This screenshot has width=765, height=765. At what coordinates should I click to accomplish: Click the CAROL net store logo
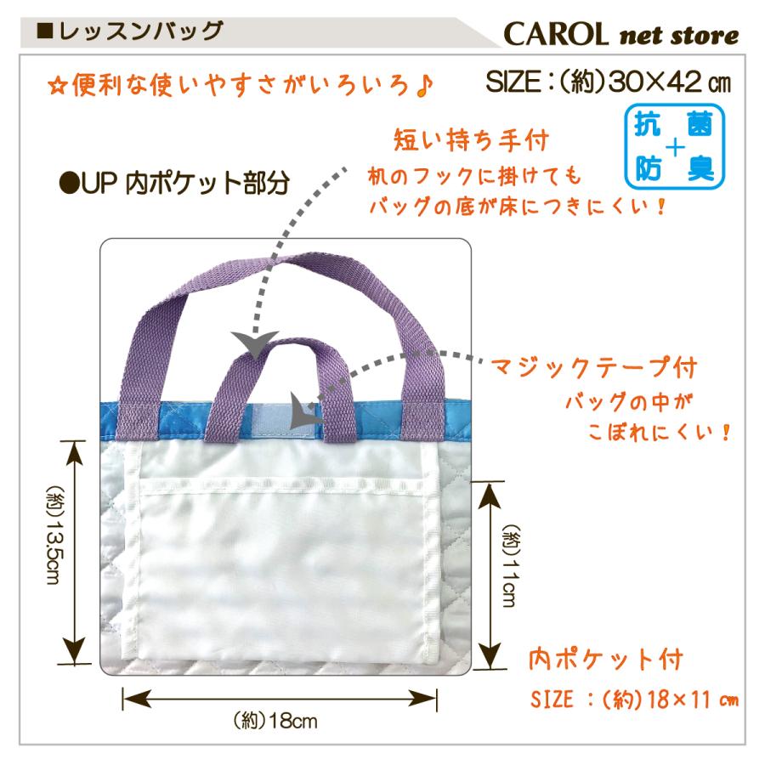pos(620,36)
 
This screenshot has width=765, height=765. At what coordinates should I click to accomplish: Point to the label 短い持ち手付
pos(470,138)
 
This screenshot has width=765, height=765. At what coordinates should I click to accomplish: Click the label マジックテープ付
pos(593,368)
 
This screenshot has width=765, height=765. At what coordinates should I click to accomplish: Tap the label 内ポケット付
pos(605,659)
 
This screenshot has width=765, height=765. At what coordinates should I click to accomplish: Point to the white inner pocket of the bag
pos(280,561)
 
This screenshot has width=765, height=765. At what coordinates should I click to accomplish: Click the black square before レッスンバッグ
pos(47,33)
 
